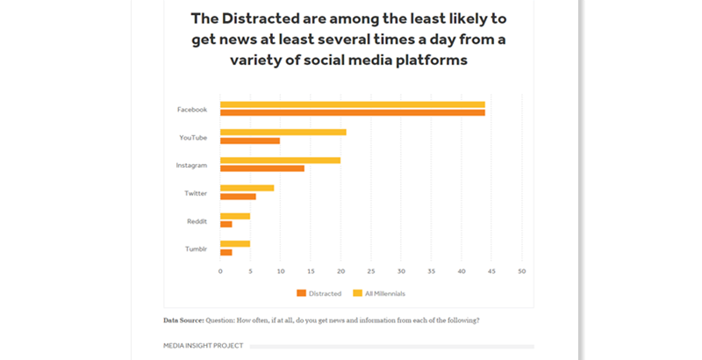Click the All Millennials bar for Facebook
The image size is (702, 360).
(x=352, y=104)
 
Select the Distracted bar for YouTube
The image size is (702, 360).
(x=250, y=140)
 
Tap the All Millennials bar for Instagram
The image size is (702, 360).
(x=280, y=160)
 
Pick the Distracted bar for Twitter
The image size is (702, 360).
(x=238, y=196)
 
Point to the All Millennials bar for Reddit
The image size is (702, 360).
(x=235, y=216)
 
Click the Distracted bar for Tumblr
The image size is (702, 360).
(x=226, y=252)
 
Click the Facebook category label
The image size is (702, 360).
(x=192, y=110)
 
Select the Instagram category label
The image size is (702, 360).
(x=191, y=165)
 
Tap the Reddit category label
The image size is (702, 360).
(x=197, y=220)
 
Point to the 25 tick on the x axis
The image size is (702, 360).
(x=371, y=270)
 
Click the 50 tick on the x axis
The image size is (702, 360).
(x=522, y=270)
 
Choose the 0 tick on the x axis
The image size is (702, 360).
(x=220, y=270)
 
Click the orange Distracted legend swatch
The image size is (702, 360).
(x=301, y=293)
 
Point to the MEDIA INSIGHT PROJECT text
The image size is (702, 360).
(x=204, y=346)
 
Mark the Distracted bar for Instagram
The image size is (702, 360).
(x=262, y=168)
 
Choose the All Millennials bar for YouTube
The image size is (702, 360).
(x=283, y=132)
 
